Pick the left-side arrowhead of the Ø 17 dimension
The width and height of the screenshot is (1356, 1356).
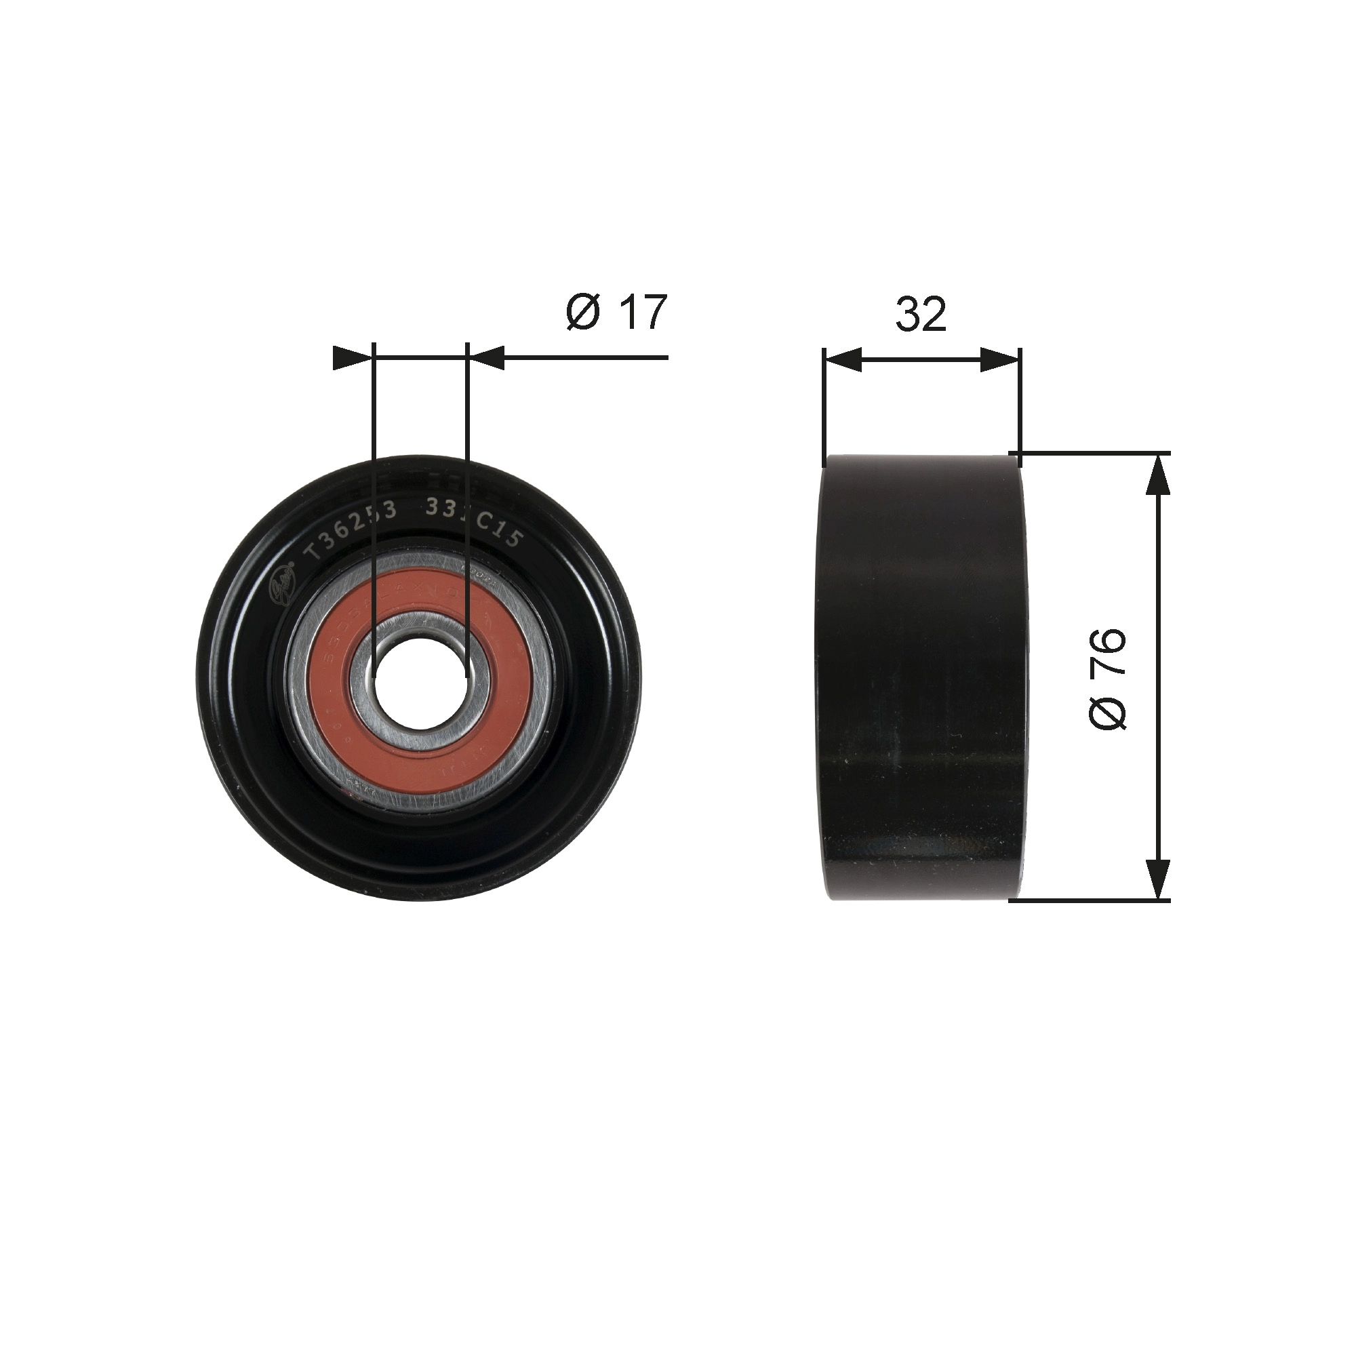[x=351, y=358]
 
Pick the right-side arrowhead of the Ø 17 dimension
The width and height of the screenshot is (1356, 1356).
[x=486, y=358]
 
